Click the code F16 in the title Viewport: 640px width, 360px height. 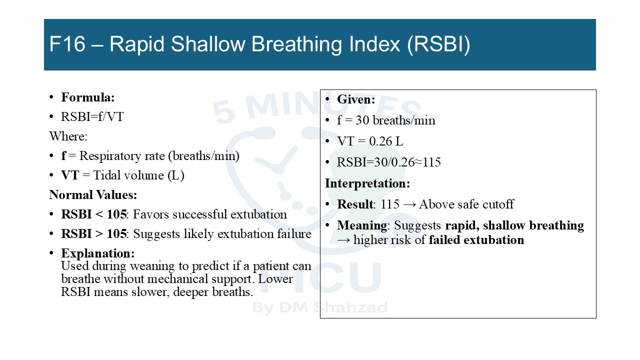coord(67,44)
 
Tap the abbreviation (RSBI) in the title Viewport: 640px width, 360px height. coord(438,44)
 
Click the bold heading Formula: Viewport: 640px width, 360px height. coord(87,97)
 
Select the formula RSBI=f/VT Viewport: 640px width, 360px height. coord(92,117)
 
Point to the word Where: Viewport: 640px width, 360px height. coord(68,136)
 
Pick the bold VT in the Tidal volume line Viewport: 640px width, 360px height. coord(70,175)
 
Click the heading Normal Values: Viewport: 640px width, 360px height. coord(93,195)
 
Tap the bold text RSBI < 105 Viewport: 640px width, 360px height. coord(93,214)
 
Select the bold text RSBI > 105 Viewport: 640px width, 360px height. coord(93,233)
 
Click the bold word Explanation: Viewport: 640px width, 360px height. coord(97,253)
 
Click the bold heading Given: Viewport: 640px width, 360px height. coord(356,99)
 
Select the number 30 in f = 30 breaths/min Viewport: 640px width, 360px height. coord(362,120)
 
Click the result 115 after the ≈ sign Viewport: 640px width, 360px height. coord(431,162)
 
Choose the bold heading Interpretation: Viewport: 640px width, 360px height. coord(367,183)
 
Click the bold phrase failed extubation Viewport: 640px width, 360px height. coord(476,240)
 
